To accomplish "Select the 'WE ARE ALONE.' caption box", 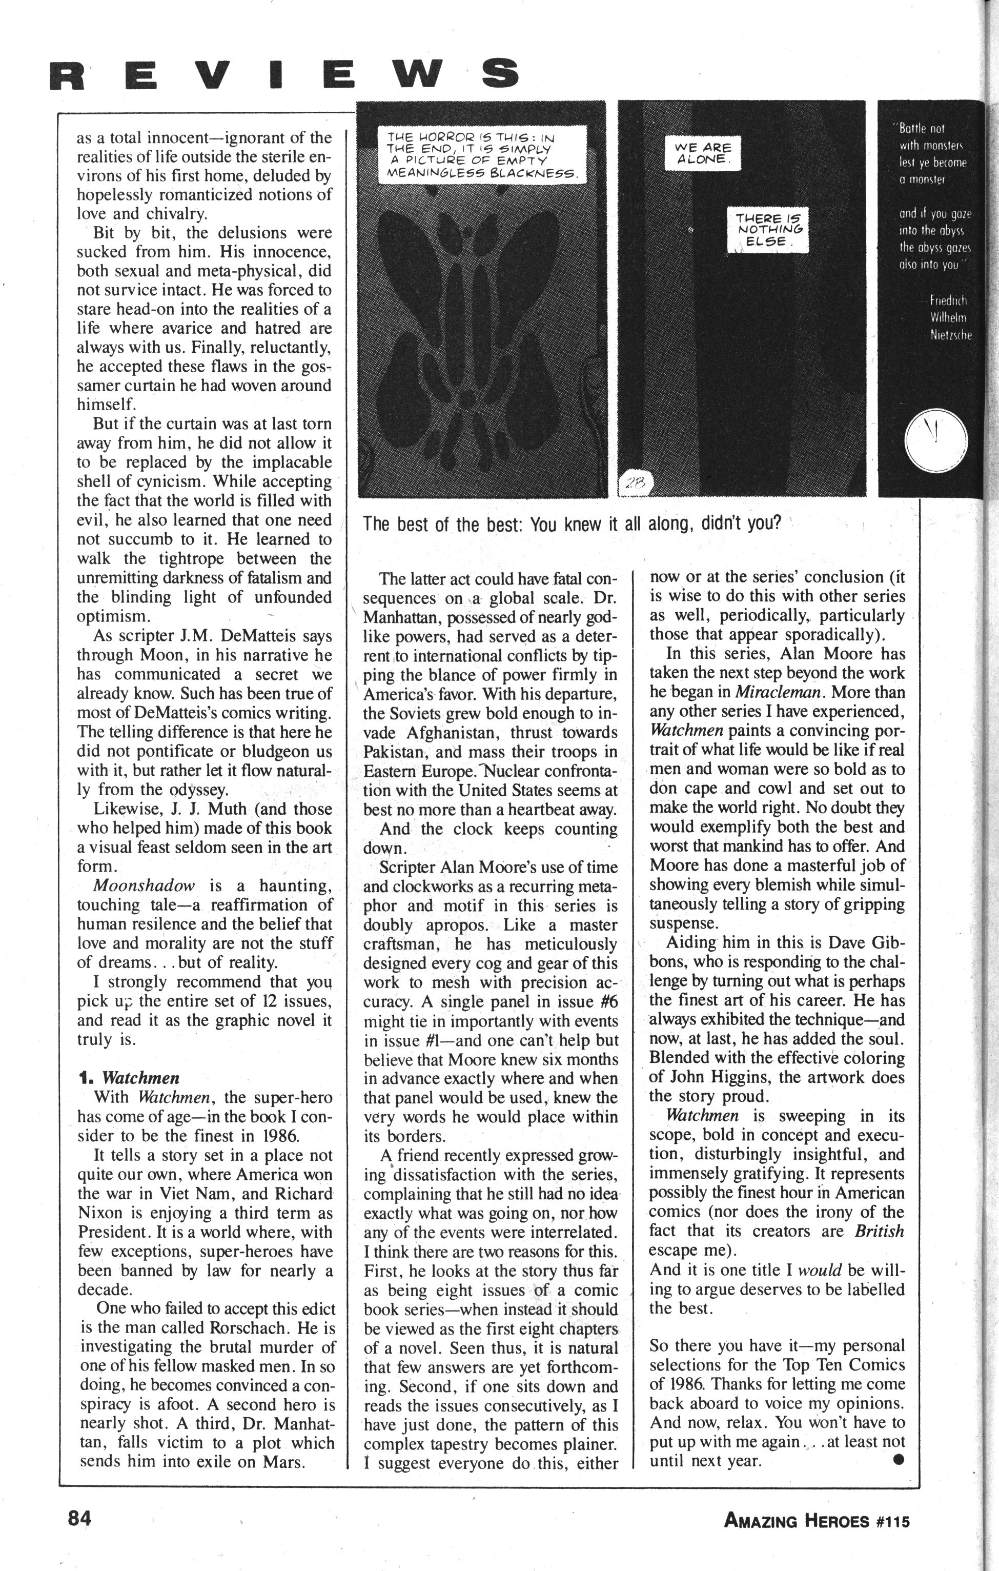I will (702, 153).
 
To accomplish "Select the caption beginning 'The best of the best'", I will (571, 525).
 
